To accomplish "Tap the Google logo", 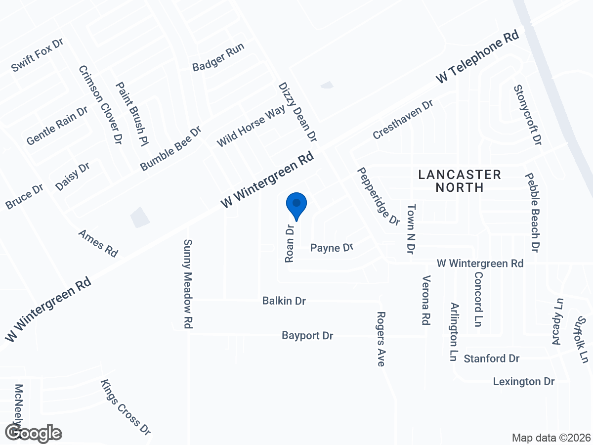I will (34, 433).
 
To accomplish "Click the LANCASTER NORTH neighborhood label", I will (460, 181).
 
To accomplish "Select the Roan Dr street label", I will (290, 243).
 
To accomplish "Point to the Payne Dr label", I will (332, 247).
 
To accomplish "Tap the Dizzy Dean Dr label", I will (297, 111).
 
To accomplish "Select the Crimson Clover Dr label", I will (100, 105).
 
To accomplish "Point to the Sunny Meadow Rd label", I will (188, 284).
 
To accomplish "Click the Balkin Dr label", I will (284, 301).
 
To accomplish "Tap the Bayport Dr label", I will (307, 336).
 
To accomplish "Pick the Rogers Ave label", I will (381, 339).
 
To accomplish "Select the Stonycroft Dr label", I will (528, 115).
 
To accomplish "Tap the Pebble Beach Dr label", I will (531, 213).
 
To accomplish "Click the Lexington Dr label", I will (524, 382).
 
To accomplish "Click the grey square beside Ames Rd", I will (140, 217).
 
